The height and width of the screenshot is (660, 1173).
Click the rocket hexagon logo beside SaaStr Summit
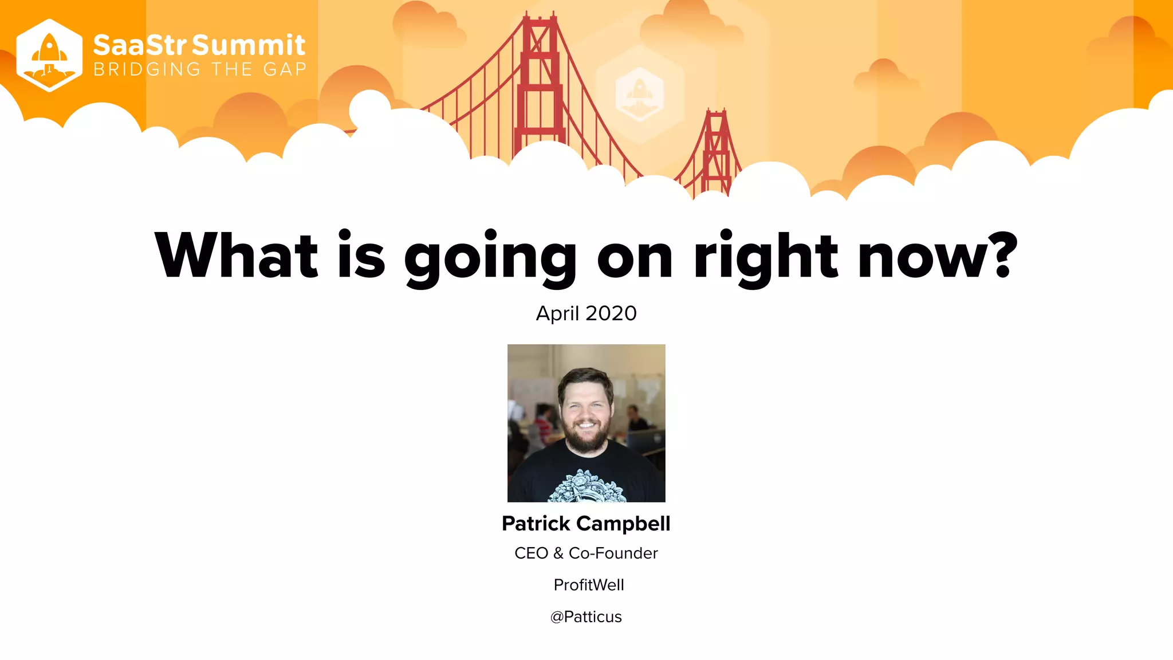click(49, 56)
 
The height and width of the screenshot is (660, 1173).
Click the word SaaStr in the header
click(140, 45)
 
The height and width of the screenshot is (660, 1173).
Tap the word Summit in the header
click(249, 45)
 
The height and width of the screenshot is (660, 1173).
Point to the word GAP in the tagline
click(285, 69)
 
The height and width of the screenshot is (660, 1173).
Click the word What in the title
click(236, 256)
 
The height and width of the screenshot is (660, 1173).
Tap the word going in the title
click(490, 258)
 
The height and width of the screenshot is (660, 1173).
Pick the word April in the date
click(557, 313)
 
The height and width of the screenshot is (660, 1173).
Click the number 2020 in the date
click(611, 313)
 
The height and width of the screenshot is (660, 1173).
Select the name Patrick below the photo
click(536, 523)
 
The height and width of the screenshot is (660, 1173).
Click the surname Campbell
click(623, 524)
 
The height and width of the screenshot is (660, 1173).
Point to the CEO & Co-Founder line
click(586, 553)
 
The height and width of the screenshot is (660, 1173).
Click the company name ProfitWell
click(589, 585)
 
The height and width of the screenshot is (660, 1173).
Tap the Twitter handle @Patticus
click(586, 616)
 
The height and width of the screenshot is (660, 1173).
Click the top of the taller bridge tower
click(538, 23)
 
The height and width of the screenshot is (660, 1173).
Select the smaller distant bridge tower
click(716, 149)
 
